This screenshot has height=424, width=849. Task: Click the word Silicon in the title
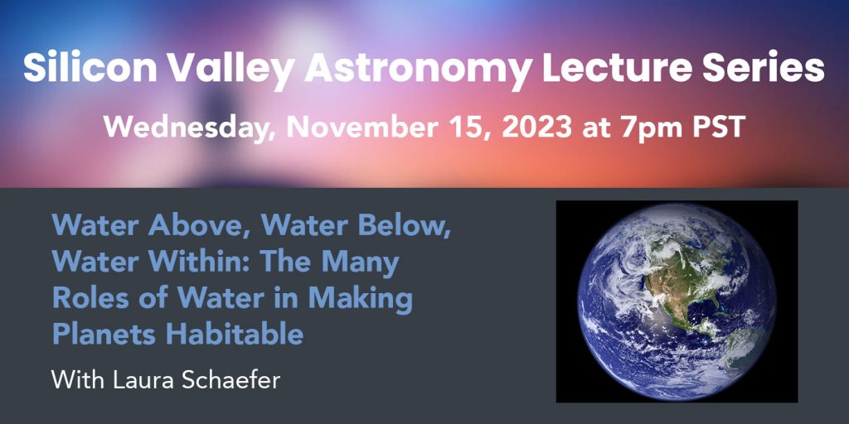coord(90,68)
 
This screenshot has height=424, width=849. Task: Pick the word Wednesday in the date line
coord(192,128)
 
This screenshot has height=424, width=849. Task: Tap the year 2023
coord(537,128)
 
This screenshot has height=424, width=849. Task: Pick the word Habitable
coord(235,335)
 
